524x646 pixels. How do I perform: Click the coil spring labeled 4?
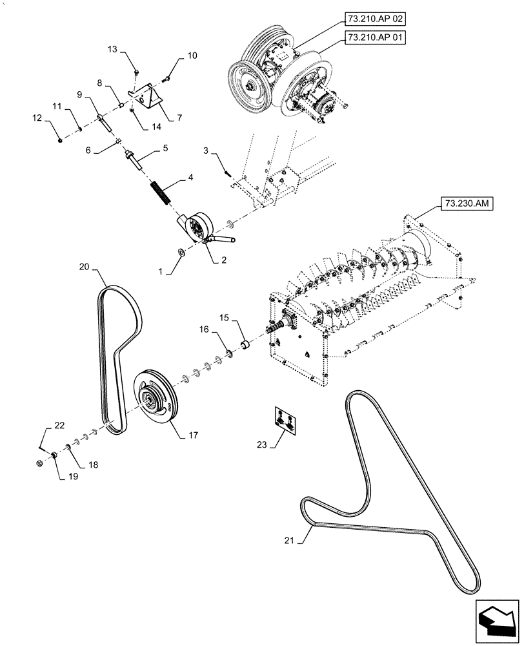pos(159,193)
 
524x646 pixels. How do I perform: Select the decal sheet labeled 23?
pos(284,419)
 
